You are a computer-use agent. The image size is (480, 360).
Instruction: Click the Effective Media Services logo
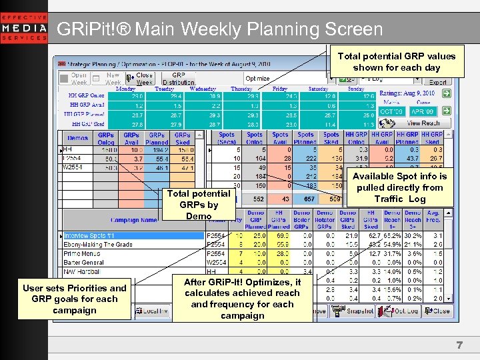pyautogui.click(x=24, y=28)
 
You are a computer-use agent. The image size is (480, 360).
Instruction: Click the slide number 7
pyautogui.click(x=459, y=345)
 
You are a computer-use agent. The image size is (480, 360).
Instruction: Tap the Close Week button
pyautogui.click(x=143, y=79)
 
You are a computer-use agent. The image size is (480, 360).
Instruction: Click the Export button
pyautogui.click(x=437, y=82)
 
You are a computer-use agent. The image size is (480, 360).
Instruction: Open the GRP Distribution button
pyautogui.click(x=179, y=79)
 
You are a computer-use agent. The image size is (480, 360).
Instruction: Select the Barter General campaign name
pyautogui.click(x=83, y=262)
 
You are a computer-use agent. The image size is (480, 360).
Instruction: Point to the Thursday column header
pyautogui.click(x=241, y=89)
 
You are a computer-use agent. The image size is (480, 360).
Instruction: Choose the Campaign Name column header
pyautogui.click(x=133, y=219)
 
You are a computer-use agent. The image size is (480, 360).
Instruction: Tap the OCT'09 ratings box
pyautogui.click(x=392, y=111)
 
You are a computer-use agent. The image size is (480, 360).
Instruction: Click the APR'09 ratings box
pyautogui.click(x=422, y=111)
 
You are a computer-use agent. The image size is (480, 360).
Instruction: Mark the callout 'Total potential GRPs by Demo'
pyautogui.click(x=198, y=204)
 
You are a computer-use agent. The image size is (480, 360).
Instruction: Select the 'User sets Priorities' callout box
pyautogui.click(x=74, y=299)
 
